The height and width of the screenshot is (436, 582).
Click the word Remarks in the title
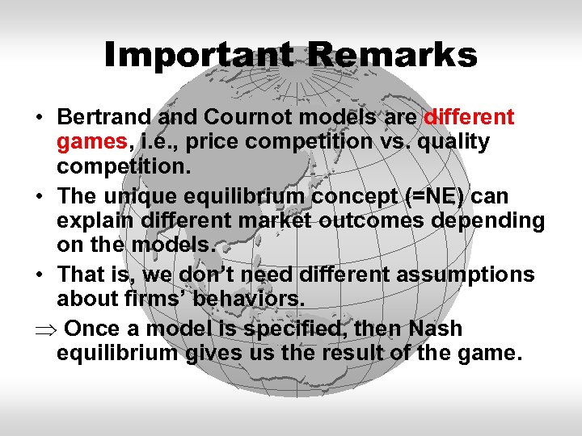[392, 56]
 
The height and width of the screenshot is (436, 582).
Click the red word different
[466, 118]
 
